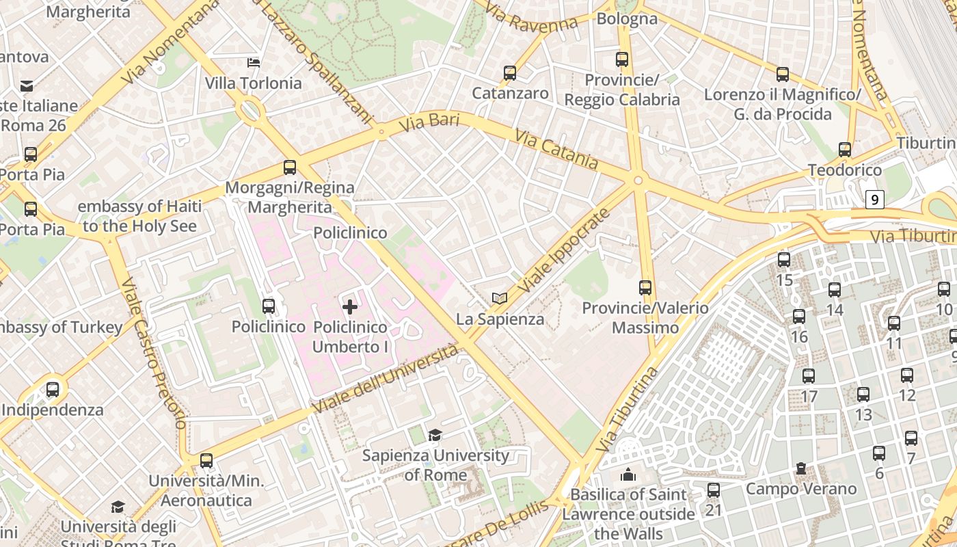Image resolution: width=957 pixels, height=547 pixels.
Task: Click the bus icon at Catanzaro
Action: click(x=509, y=73)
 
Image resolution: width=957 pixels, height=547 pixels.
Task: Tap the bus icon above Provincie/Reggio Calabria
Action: click(x=621, y=59)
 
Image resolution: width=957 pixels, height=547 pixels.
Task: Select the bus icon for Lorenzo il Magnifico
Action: click(x=783, y=75)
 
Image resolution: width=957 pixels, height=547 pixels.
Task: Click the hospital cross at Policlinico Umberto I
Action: click(x=349, y=307)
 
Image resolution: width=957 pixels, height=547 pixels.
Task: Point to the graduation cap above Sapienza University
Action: click(x=435, y=435)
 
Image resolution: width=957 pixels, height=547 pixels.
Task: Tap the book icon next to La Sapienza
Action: click(x=500, y=298)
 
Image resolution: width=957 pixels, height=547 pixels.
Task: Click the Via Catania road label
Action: click(x=556, y=150)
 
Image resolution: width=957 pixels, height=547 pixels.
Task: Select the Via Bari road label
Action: click(x=429, y=123)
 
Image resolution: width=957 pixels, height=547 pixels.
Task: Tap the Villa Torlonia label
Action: click(x=253, y=83)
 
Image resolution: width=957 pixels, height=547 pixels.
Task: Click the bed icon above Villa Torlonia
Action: click(x=254, y=63)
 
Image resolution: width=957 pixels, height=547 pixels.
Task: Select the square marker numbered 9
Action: click(x=874, y=200)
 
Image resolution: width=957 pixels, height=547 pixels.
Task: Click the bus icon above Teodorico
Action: click(x=845, y=150)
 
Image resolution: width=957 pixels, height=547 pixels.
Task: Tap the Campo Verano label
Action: click(x=800, y=489)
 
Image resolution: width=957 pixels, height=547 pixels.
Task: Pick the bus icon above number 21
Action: click(x=714, y=490)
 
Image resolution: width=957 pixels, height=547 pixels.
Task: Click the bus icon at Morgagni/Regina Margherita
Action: click(x=290, y=168)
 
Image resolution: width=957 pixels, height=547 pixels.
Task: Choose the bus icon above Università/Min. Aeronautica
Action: click(x=206, y=461)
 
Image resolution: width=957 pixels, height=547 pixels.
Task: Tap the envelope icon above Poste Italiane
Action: click(x=27, y=85)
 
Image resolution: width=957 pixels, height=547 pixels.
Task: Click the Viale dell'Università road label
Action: click(x=386, y=379)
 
